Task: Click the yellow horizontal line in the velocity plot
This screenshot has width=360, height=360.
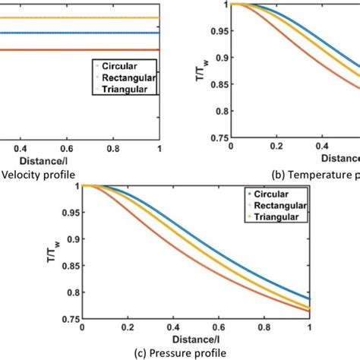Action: pyautogui.click(x=76, y=17)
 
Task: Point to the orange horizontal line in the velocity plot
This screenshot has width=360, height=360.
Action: pyautogui.click(x=76, y=50)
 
